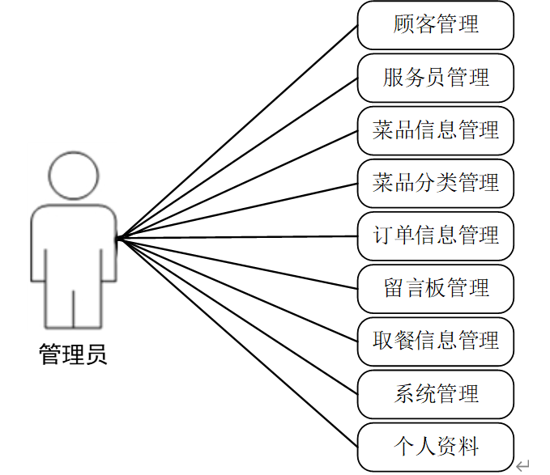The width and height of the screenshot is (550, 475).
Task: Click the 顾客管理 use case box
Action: point(436,25)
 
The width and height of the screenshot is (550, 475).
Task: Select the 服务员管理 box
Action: point(436,78)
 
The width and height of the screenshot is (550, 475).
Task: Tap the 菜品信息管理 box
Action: point(436,130)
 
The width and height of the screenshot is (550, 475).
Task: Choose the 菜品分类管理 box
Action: point(436,183)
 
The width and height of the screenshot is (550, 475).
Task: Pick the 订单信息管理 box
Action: point(436,236)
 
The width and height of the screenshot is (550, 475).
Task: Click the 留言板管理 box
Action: point(436,288)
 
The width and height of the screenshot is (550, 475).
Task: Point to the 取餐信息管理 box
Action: point(436,341)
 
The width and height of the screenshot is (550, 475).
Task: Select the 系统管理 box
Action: point(436,394)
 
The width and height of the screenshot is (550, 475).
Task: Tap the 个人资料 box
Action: point(436,446)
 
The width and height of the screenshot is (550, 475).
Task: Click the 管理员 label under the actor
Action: point(73,354)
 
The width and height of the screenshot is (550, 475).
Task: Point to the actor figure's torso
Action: point(73,243)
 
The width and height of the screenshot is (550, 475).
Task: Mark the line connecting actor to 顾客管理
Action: point(237,132)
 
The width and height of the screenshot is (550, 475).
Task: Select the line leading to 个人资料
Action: point(237,342)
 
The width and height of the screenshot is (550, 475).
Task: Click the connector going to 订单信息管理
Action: point(237,237)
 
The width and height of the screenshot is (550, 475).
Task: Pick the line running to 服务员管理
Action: point(237,159)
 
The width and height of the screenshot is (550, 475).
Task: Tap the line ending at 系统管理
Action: point(237,316)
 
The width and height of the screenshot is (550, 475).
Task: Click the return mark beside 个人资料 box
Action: point(522,464)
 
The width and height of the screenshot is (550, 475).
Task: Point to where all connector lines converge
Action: point(118,238)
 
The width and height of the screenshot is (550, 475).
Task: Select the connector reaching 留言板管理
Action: point(237,264)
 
